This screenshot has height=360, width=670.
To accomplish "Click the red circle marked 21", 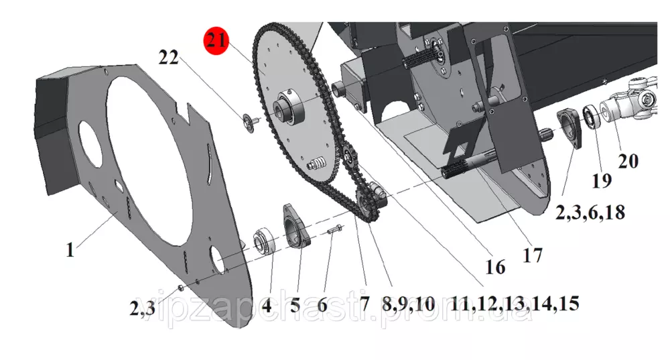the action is tap(216, 41).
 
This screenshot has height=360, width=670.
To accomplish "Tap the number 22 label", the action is tap(168, 57).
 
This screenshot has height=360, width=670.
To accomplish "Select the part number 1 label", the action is tap(70, 249).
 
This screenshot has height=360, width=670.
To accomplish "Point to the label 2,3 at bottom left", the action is tap(142, 308).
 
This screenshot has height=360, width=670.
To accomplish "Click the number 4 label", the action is tap(267, 306).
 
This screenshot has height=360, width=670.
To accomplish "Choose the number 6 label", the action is tap(322, 306).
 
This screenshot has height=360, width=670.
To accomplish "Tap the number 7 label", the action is tap(364, 304).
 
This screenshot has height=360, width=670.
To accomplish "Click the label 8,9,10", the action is tap(409, 305).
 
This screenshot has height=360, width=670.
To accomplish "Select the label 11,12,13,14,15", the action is tap(515, 304).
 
